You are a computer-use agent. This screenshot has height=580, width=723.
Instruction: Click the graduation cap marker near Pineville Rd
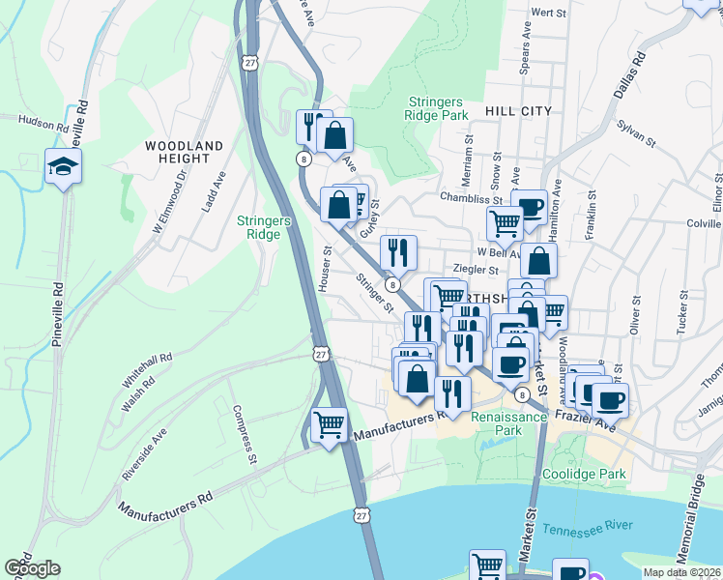[x=64, y=168]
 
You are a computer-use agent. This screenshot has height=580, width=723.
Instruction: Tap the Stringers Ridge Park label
[x=438, y=107]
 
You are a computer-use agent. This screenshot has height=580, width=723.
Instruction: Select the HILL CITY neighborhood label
[x=518, y=112]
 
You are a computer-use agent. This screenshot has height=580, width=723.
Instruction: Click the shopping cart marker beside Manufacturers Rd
[x=330, y=424]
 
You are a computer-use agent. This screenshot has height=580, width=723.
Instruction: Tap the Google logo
[x=32, y=568]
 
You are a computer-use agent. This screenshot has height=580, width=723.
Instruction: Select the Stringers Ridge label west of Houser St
[x=264, y=227]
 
